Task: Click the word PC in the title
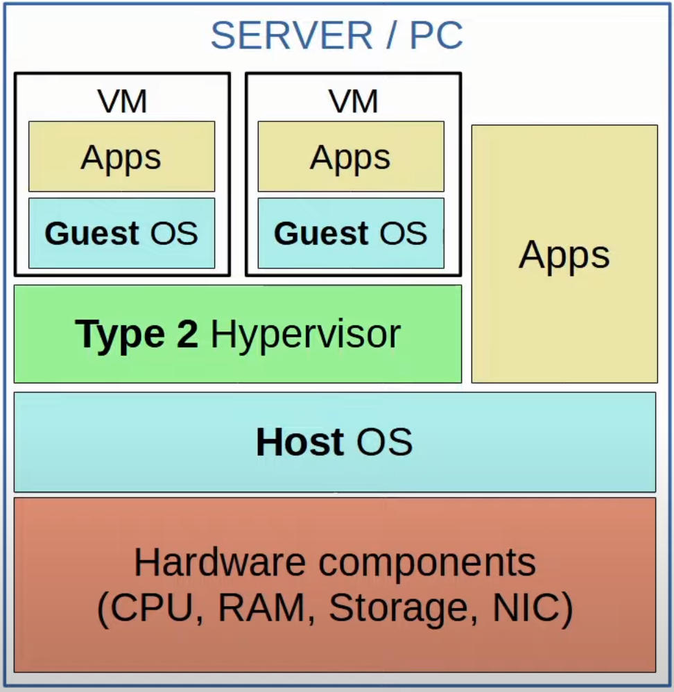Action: tap(436, 36)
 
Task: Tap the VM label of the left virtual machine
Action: tap(122, 102)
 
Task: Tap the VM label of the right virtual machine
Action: tap(352, 102)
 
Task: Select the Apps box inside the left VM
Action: tap(121, 157)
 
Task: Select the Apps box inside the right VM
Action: tap(351, 157)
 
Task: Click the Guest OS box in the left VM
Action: tap(121, 234)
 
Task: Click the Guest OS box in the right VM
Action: tap(351, 234)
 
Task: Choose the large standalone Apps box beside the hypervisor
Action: tap(564, 254)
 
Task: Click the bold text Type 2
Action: tap(137, 334)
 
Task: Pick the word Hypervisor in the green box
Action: tap(305, 334)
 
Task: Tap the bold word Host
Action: tap(300, 442)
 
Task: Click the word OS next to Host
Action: tap(384, 442)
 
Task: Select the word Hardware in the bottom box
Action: tap(221, 562)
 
